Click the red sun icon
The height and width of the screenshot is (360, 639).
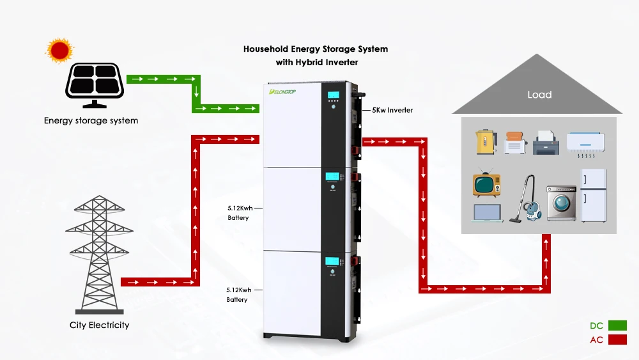coord(59,51)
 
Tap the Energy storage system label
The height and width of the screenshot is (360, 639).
coord(91,120)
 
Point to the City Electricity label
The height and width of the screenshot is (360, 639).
coord(99,325)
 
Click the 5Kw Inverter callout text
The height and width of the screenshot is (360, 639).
coord(392,110)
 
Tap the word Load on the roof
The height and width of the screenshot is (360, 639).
coord(539,95)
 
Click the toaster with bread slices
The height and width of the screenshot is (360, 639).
coord(514,143)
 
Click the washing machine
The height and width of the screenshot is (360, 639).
coord(561,203)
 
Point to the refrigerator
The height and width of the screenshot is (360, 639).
coord(592,195)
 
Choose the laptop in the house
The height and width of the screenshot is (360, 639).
coord(488,213)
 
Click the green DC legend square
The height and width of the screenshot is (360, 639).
coord(617,325)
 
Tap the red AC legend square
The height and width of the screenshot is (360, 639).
coord(617,340)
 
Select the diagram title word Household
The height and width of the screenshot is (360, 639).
coord(266,49)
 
